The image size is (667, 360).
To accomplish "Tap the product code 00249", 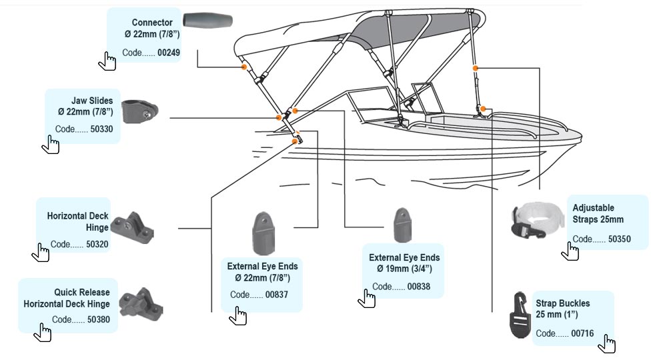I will pyautogui.click(x=169, y=53).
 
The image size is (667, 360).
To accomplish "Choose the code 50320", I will pyautogui.click(x=97, y=244).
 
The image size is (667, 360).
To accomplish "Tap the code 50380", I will pyautogui.click(x=99, y=319).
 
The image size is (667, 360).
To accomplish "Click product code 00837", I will pyautogui.click(x=276, y=295).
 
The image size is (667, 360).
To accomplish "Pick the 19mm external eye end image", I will pyautogui.click(x=404, y=225).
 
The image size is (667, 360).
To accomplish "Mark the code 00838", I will pyautogui.click(x=418, y=287).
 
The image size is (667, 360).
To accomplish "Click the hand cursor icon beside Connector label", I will pyautogui.click(x=107, y=61).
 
